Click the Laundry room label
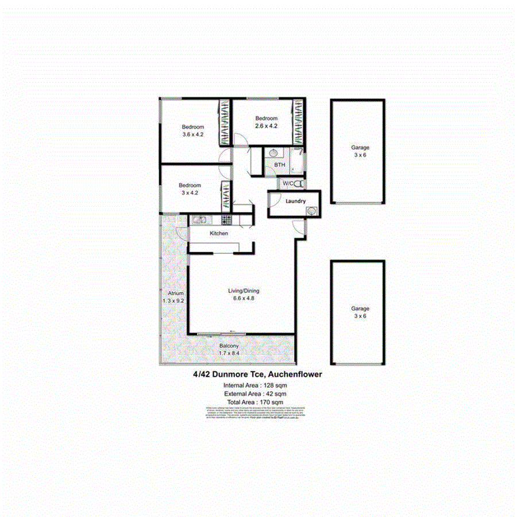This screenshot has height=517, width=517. [296, 201]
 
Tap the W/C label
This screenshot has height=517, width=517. [288, 183]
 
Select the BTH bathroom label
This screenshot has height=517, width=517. [280, 165]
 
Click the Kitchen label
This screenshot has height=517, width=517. [219, 233]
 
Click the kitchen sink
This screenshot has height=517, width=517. [200, 219]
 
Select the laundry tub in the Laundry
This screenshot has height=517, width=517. [311, 211]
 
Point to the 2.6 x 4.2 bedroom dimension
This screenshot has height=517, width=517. [266, 126]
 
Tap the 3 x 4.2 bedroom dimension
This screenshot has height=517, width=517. [190, 193]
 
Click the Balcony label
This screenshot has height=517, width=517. [229, 346]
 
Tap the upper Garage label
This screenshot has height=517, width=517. [360, 148]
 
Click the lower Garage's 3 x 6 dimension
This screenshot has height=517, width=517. [360, 316]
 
